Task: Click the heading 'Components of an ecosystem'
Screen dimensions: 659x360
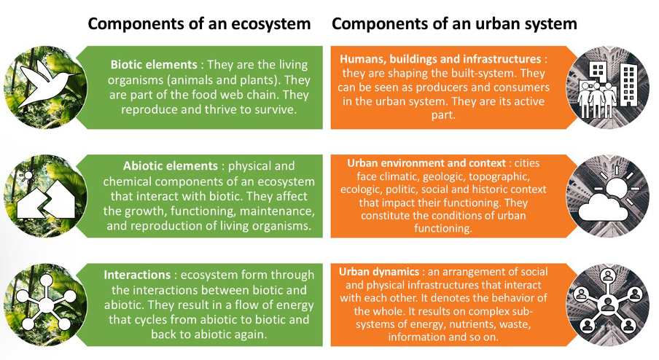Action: pos(199,24)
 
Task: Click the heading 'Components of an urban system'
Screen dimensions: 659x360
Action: pos(454,24)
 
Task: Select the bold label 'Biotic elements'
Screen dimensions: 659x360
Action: pos(154,65)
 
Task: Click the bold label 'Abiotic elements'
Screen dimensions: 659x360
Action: pos(170,166)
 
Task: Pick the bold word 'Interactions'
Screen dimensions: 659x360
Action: pos(137,275)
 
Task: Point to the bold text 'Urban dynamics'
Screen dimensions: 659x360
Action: pos(379,272)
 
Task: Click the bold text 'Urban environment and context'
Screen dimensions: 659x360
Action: pos(426,163)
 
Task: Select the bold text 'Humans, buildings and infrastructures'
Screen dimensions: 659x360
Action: pos(440,59)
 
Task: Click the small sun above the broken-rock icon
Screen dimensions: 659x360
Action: pos(28,175)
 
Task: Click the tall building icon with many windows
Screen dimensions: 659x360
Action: pos(628,85)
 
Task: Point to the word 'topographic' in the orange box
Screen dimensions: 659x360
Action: pos(499,177)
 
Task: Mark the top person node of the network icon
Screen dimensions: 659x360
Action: pos(607,276)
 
